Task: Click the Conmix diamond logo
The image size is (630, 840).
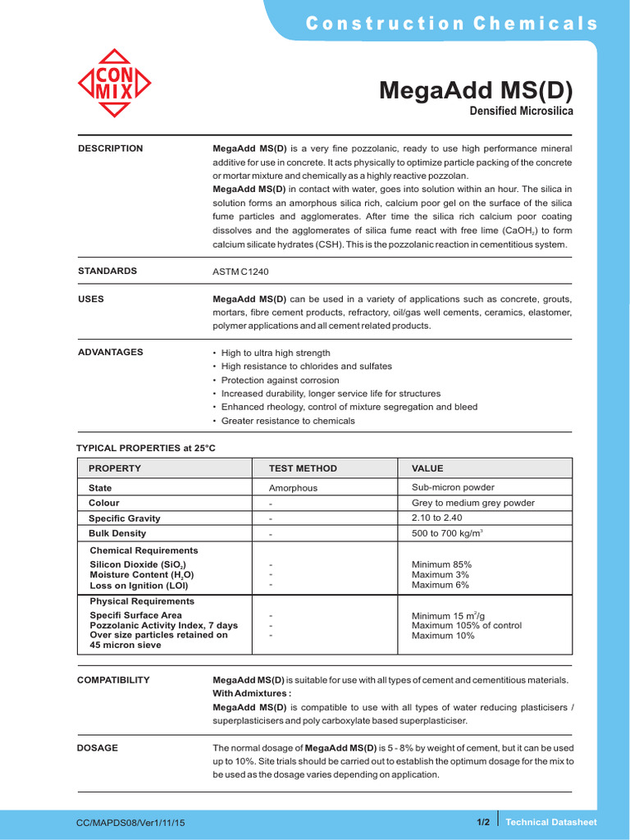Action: (x=115, y=83)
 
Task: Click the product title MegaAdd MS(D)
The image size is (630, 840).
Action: (x=475, y=90)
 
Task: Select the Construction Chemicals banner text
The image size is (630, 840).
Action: (x=452, y=24)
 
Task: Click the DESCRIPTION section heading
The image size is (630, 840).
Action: (x=110, y=148)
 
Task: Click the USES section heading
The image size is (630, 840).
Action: (x=91, y=299)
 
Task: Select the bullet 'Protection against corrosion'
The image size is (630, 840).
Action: (x=280, y=381)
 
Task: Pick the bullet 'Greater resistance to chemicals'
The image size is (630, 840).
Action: (x=288, y=421)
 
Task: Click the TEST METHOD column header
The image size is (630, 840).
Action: (x=303, y=468)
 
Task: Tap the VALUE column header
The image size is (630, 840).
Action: (x=427, y=468)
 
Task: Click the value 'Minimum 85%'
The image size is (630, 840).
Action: (x=441, y=564)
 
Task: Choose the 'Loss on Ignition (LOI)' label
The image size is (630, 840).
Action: (x=139, y=586)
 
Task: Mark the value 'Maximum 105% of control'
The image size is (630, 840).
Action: (x=466, y=625)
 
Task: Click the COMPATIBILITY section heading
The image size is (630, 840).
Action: (x=113, y=680)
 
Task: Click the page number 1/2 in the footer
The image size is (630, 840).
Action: (x=482, y=822)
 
